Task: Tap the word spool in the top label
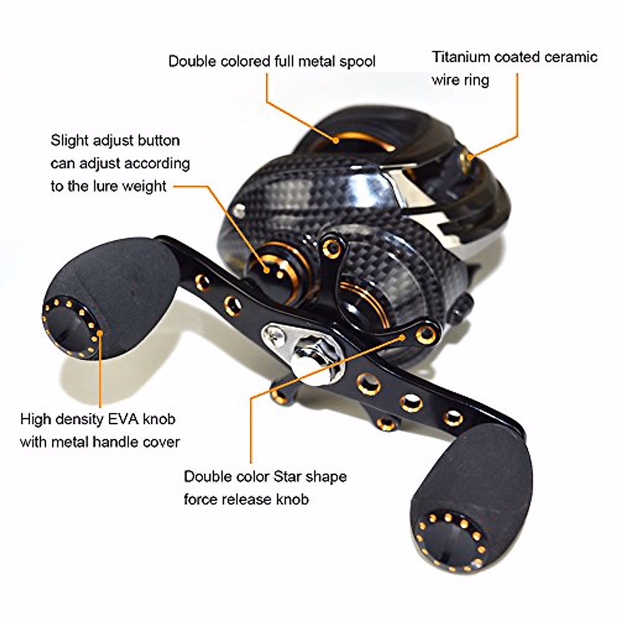(357, 61)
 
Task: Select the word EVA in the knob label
(122, 419)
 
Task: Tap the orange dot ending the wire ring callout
(470, 154)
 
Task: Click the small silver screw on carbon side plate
(238, 210)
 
